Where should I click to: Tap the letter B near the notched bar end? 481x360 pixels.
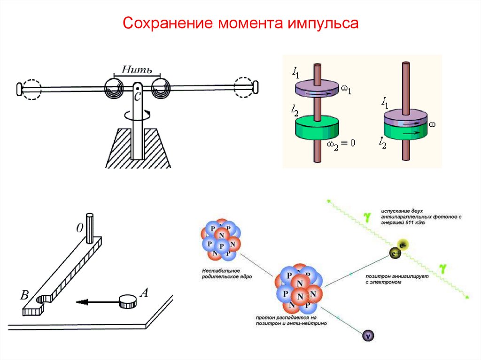[24, 295]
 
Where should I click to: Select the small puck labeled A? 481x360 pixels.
[128, 301]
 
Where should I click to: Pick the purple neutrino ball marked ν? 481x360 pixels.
[368, 336]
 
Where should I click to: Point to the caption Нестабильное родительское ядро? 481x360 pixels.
[221, 274]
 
